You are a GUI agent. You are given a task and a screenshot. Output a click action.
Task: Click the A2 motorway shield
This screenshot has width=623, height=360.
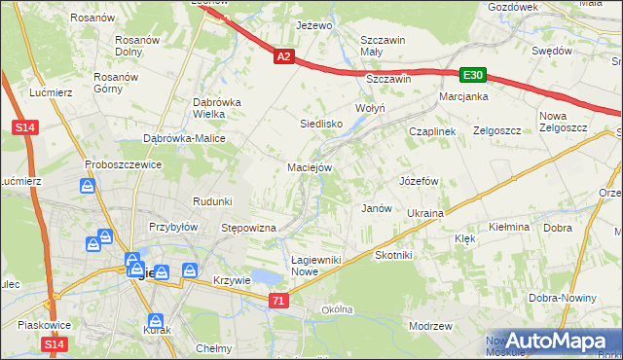pyautogui.click(x=282, y=58)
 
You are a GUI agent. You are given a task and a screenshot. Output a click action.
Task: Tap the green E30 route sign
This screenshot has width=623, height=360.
pyautogui.click(x=473, y=75)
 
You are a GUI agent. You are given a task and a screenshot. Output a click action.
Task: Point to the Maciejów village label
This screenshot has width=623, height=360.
pyautogui.click(x=311, y=167)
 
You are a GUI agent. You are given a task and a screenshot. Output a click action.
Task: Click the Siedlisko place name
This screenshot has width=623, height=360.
pyautogui.click(x=320, y=125)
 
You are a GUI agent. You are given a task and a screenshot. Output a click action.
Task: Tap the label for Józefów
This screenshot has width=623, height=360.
pyautogui.click(x=420, y=182)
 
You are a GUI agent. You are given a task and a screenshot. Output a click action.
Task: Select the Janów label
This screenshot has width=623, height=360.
pyautogui.click(x=376, y=208)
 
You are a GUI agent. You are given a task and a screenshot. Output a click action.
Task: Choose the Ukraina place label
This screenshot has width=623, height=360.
pyautogui.click(x=425, y=213)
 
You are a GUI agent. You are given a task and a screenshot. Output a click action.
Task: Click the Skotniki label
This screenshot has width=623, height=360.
pyautogui.click(x=394, y=255)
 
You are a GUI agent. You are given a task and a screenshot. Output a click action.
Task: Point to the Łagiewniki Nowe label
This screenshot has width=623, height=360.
pyautogui.click(x=306, y=265)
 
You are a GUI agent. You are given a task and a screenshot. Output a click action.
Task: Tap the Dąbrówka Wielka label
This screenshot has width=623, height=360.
pyautogui.click(x=215, y=108)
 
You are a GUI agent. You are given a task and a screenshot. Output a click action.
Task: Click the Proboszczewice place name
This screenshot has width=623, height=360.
pyautogui.click(x=123, y=164)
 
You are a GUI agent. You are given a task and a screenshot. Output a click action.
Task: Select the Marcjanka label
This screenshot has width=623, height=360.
pyautogui.click(x=462, y=97)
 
